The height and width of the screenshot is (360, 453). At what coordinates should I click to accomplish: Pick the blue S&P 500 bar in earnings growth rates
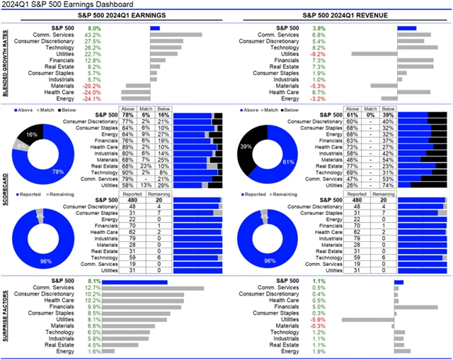coord(155,28)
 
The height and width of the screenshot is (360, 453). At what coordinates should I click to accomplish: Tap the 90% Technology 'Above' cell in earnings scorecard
coord(127,172)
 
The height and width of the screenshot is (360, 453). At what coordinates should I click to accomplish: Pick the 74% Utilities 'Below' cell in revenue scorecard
coord(388,185)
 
